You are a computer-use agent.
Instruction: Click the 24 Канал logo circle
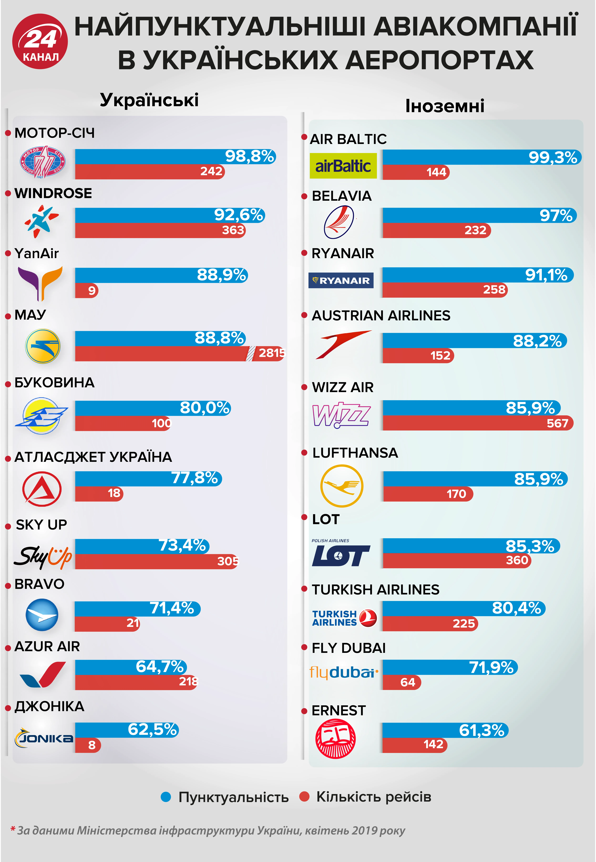click(x=40, y=41)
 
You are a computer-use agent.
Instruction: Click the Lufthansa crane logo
click(x=341, y=486)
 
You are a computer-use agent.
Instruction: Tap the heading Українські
click(x=149, y=100)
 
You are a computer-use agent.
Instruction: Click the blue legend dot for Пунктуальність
click(x=166, y=797)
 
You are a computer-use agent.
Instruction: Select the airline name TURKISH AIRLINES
click(x=375, y=589)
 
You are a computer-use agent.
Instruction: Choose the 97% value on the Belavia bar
click(x=556, y=215)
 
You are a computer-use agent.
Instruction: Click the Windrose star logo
click(x=41, y=221)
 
